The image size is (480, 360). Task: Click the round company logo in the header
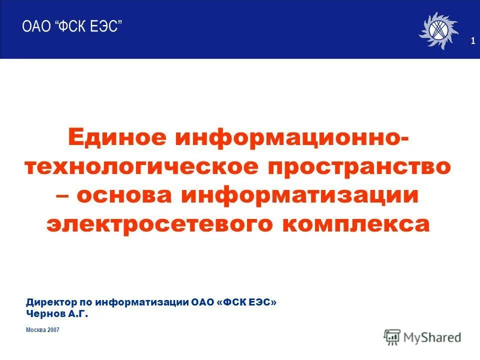[x=438, y=30]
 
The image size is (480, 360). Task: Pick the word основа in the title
[x=125, y=195]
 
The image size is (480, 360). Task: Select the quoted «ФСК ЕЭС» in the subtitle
[x=246, y=302]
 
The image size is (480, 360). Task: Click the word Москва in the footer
[x=35, y=330]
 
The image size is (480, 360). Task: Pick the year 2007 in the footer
[x=54, y=330]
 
